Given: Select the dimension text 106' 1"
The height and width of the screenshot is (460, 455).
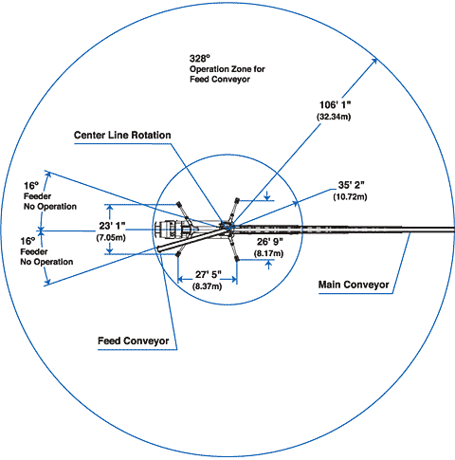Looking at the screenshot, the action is point(336,105).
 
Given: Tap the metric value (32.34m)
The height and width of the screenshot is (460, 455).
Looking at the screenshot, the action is point(334,117).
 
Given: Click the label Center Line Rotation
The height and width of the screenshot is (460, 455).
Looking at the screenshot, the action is point(122,135).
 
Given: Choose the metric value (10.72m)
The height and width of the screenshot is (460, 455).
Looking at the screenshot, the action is point(350,196).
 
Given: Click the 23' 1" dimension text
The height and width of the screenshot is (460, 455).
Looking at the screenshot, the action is point(112,226).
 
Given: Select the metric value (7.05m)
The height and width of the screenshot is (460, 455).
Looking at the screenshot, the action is point(111,237).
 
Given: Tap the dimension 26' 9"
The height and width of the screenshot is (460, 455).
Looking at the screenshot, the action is point(270,242).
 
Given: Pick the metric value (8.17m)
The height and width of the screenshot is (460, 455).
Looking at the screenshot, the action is point(268,253).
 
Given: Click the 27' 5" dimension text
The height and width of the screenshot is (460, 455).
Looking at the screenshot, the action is point(209,275).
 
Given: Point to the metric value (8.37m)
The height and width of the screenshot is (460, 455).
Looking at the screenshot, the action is point(207,286).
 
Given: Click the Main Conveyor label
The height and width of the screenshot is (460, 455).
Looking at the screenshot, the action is point(354,285).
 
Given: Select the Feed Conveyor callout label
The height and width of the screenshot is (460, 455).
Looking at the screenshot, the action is point(134,340).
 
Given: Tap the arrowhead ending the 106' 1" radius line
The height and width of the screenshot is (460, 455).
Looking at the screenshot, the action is point(374,61).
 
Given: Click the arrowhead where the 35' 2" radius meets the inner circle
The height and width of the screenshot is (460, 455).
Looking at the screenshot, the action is point(295,203).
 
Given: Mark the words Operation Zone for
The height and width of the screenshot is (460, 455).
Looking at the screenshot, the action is point(227,69).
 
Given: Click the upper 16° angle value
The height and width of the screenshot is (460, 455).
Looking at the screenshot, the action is point(31,186).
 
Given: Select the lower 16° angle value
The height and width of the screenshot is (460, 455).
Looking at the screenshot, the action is point(27,241).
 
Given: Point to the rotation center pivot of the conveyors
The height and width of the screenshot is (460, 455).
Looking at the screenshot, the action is point(228,227).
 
